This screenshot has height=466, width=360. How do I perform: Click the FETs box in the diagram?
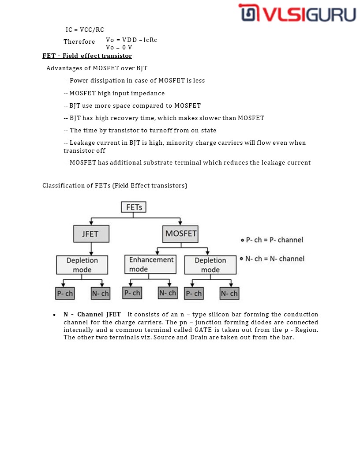click(134, 207)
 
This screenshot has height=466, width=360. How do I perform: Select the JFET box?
click(91, 234)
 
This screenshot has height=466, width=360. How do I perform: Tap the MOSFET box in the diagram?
click(180, 233)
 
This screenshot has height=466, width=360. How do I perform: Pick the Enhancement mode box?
click(150, 264)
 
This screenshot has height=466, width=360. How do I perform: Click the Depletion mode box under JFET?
click(82, 265)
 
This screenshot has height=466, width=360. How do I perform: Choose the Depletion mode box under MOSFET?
click(210, 265)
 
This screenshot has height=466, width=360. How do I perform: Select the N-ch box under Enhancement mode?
click(168, 293)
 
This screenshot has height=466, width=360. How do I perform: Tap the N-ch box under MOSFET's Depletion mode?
click(229, 293)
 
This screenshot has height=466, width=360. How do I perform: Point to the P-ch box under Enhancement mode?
click(132, 293)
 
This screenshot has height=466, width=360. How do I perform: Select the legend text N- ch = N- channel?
click(275, 259)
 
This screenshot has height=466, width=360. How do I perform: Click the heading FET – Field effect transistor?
click(87, 56)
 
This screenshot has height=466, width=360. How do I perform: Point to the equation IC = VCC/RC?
click(85, 30)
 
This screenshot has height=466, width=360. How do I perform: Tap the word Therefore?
click(79, 41)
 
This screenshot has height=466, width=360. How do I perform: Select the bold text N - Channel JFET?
click(92, 314)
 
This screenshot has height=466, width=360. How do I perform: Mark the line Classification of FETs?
click(115, 185)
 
